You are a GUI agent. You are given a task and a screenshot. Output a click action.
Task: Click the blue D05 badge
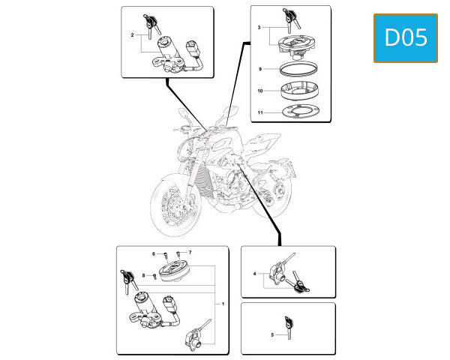[406, 38]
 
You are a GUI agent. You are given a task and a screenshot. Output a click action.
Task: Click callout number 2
[132, 35]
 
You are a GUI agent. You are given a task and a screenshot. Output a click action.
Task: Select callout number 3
[259, 28]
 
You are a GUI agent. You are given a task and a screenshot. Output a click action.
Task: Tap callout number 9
[260, 69]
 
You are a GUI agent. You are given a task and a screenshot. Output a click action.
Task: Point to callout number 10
[260, 91]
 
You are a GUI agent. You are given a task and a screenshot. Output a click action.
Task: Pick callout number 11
[260, 112]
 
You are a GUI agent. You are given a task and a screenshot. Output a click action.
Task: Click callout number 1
[223, 304]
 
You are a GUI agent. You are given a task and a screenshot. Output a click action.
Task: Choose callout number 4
[254, 274]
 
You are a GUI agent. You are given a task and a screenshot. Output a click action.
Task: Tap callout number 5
[272, 334]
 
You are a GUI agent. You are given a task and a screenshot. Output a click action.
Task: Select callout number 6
[154, 253]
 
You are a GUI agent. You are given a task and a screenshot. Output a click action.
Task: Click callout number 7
[190, 252]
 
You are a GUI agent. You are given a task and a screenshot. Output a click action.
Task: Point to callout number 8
[144, 275]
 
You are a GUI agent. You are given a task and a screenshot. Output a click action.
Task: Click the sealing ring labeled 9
[298, 69]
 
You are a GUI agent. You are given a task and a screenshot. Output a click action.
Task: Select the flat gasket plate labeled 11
[301, 112]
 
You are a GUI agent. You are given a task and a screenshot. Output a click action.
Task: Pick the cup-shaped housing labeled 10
[299, 91]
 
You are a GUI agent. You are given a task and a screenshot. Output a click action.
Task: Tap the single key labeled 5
[289, 327]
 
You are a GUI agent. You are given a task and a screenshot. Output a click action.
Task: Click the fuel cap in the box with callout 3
[297, 46]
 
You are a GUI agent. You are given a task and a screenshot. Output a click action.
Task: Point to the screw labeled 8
[154, 276]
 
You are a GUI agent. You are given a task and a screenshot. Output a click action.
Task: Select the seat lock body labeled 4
[277, 274]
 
